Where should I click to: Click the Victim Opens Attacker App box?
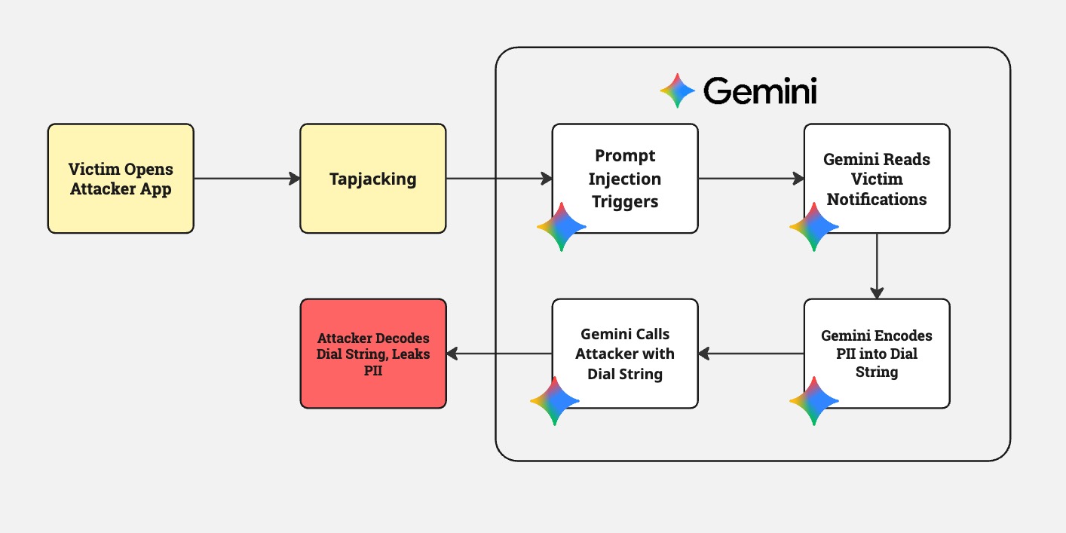coord(121,179)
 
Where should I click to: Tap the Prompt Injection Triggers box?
coord(625,179)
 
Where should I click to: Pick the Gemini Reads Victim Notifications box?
coord(876,179)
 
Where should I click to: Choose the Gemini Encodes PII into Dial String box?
coord(876,354)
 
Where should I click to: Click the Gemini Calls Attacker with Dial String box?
coord(625,354)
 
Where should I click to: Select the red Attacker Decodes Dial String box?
coord(373,354)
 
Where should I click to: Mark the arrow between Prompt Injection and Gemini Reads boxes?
coord(751,179)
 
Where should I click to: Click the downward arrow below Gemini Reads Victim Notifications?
coord(876,266)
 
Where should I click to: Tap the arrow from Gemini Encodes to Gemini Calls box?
coord(751,354)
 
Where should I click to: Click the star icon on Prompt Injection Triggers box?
coord(562,227)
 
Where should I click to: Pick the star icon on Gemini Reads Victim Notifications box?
coord(814,227)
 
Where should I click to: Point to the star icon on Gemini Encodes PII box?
coord(814,401)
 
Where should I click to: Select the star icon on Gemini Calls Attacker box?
coord(555,401)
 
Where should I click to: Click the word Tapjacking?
coord(372,179)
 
